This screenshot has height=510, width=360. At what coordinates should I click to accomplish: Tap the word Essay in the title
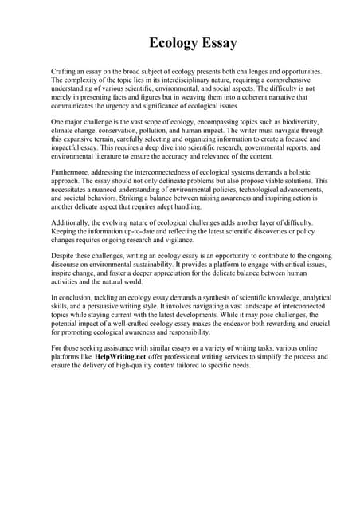(217, 41)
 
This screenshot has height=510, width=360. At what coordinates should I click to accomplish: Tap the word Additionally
(72, 223)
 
